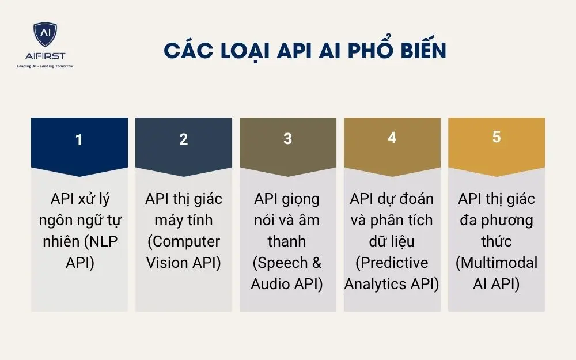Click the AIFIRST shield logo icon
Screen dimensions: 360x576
[x=46, y=35]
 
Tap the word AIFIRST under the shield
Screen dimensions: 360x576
[x=45, y=56]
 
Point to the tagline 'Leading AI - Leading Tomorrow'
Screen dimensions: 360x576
[x=45, y=66]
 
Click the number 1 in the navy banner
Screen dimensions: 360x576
[x=79, y=140]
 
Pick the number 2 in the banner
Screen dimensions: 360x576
[x=184, y=140]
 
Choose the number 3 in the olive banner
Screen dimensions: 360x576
[x=288, y=140]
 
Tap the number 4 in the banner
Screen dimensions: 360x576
[x=392, y=138]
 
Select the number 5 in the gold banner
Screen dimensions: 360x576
[x=497, y=137]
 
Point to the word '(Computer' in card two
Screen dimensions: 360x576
[x=184, y=241]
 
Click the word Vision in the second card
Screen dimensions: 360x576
[x=166, y=263]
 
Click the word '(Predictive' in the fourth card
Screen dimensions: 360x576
[x=392, y=263]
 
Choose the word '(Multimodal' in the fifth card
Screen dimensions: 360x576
[x=497, y=263]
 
